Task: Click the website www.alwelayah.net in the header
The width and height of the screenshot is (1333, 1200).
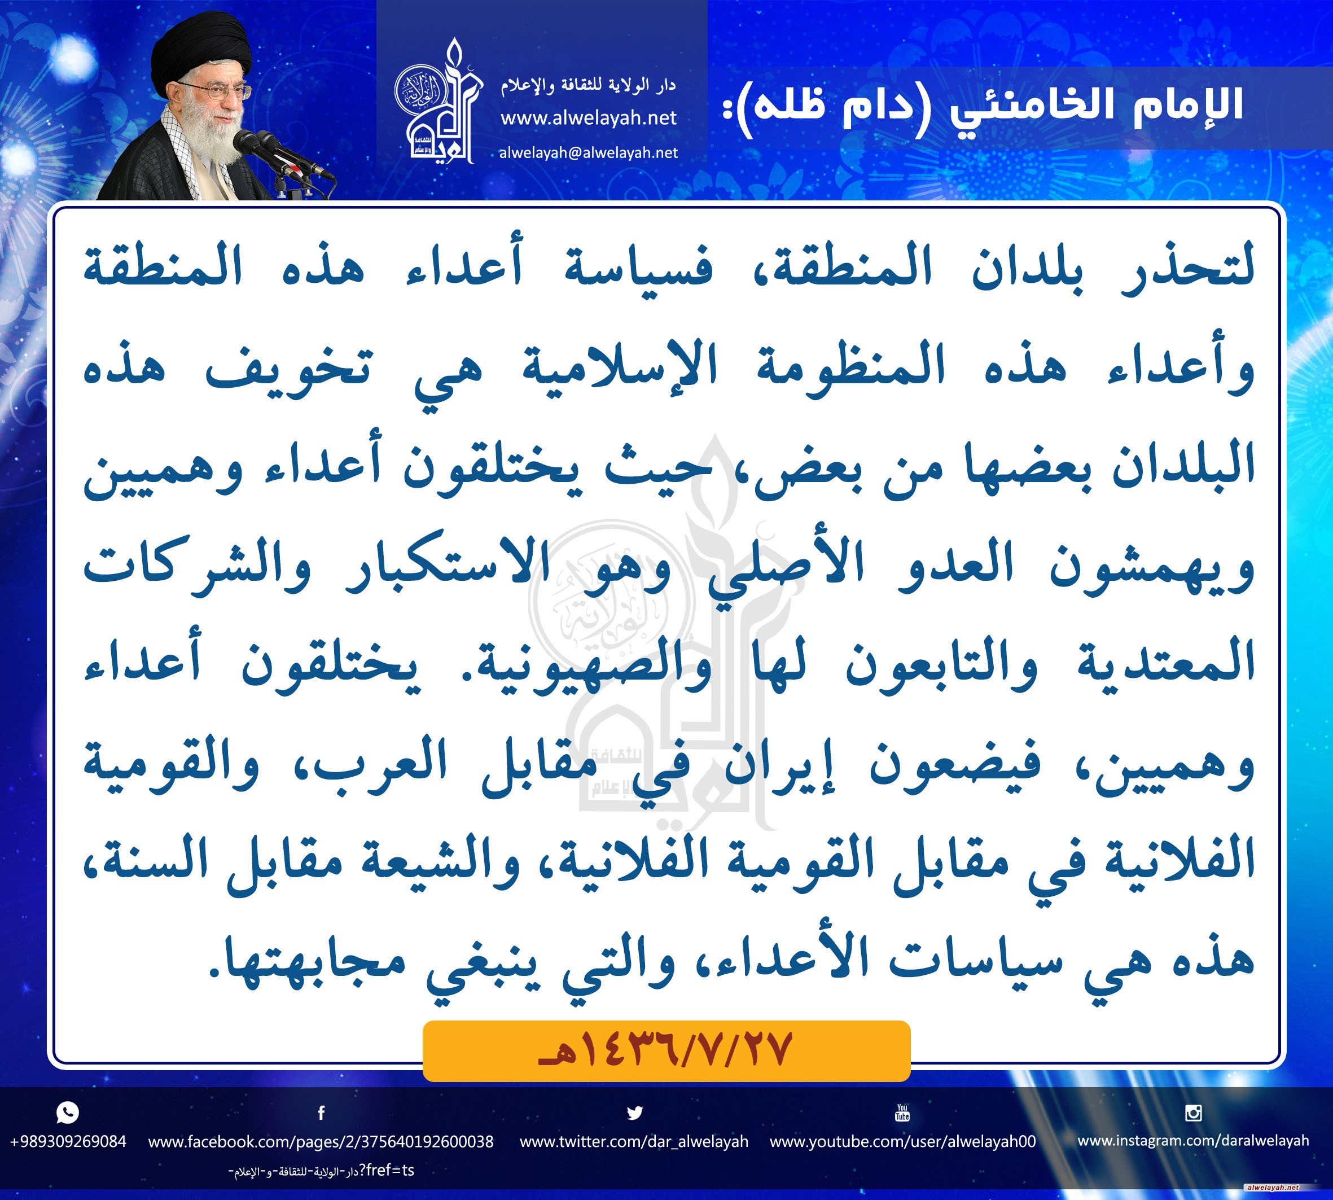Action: (x=589, y=118)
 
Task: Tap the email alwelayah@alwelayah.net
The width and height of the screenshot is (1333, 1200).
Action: (x=589, y=153)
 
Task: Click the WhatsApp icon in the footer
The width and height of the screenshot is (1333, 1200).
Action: (x=68, y=1113)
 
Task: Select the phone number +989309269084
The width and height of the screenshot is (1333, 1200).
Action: (x=68, y=1141)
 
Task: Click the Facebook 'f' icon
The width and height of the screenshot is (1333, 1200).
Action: (x=321, y=1113)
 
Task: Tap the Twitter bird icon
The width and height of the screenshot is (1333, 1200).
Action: (x=634, y=1113)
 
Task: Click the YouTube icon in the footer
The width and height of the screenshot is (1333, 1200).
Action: (x=902, y=1113)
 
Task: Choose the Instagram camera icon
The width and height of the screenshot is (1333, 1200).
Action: (x=1193, y=1113)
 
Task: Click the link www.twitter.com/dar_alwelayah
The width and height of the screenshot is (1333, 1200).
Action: (x=634, y=1141)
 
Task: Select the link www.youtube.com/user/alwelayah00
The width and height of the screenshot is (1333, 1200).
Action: (x=902, y=1141)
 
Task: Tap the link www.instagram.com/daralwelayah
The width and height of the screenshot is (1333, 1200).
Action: (x=1193, y=1141)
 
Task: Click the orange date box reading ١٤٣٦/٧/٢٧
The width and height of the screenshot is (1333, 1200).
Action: (x=666, y=1051)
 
